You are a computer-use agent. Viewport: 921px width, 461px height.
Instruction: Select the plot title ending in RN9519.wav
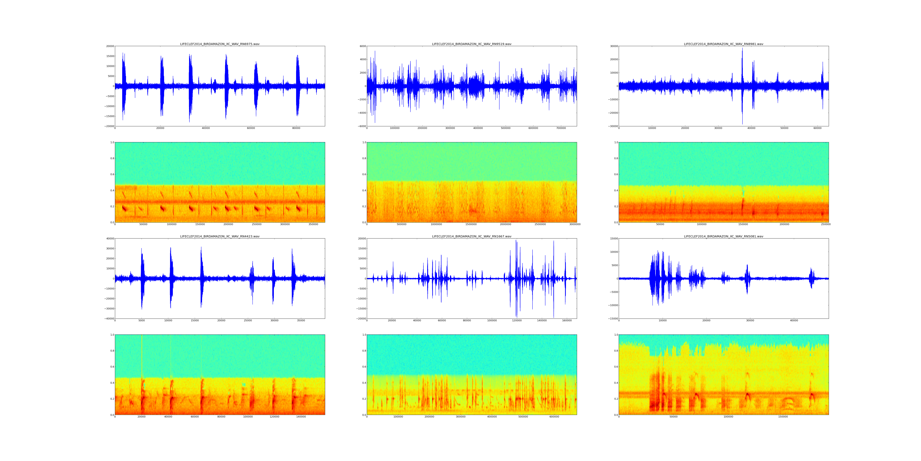click(472, 44)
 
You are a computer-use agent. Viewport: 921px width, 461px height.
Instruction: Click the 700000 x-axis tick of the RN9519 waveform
click(561, 128)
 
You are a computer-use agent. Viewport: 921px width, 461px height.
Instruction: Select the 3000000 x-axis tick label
click(575, 224)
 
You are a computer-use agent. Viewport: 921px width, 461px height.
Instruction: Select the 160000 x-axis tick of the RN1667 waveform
click(567, 321)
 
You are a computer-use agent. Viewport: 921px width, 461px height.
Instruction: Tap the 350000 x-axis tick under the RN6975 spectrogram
click(313, 224)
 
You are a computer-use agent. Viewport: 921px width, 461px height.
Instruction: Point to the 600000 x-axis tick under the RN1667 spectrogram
click(554, 417)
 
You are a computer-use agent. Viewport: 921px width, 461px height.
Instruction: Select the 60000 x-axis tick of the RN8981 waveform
click(817, 128)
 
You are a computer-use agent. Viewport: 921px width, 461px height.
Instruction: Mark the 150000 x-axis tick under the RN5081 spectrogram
click(783, 417)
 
